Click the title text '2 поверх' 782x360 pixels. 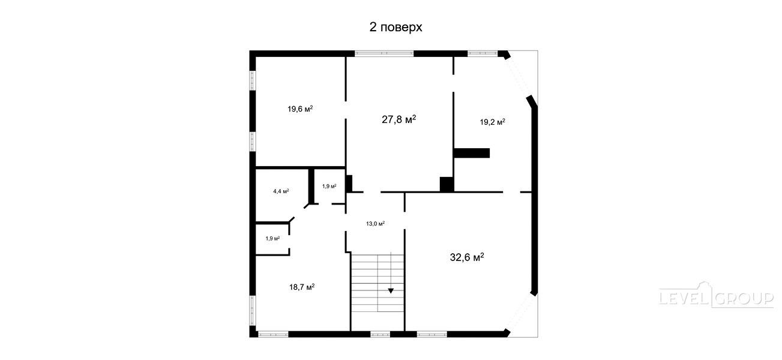396,27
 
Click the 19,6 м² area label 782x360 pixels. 300,109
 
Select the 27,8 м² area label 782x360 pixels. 399,119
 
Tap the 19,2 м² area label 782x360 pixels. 492,122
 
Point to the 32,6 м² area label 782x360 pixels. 467,257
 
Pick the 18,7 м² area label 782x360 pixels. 302,287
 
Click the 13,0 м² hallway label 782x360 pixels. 375,224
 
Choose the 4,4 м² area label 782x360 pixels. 281,191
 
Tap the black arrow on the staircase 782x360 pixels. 391,290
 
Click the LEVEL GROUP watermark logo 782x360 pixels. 717,296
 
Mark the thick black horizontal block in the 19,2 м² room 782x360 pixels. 472,153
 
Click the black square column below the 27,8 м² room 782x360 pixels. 447,184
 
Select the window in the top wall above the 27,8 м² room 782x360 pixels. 384,53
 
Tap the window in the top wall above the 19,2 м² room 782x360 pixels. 483,53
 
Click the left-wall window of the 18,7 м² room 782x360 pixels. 253,311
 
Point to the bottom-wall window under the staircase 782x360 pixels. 380,334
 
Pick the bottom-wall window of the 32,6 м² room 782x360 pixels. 432,334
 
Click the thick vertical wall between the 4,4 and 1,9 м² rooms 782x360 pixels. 311,186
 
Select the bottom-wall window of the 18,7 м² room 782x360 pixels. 273,334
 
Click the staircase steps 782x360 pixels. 377,283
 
